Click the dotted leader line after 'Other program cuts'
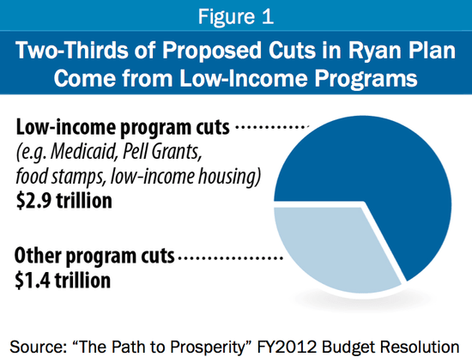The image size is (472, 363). tap(233, 257)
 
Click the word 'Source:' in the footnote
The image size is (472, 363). tap(40, 345)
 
